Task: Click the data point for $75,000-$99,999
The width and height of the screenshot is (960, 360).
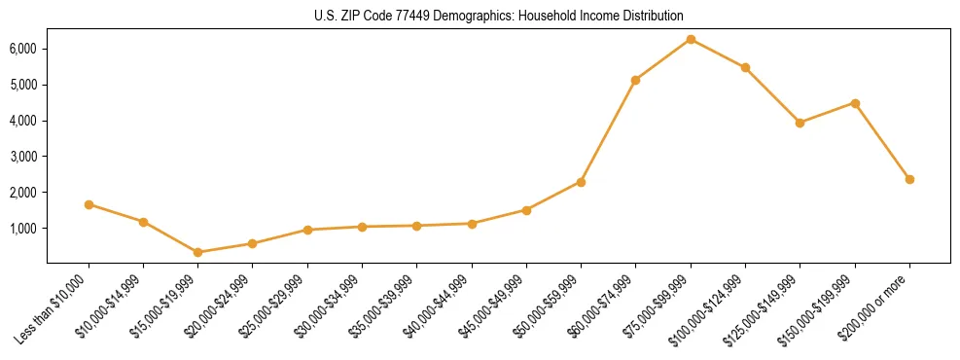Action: [691, 39]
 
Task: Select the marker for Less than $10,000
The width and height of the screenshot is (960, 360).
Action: [89, 204]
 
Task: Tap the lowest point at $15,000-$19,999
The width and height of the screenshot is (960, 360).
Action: [198, 252]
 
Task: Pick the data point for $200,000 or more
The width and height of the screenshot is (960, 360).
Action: [909, 179]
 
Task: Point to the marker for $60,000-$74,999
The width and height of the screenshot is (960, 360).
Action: [636, 80]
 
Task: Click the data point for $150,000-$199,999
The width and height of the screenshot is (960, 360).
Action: [855, 103]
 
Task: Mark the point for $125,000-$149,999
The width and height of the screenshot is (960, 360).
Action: [800, 123]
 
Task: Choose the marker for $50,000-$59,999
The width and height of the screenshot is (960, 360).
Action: [581, 182]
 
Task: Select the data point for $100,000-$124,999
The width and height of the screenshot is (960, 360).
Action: [745, 67]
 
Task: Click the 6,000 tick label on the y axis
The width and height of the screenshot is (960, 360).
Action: [23, 49]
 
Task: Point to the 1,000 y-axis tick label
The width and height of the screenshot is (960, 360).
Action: [23, 229]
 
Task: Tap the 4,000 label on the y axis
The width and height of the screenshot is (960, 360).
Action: [23, 121]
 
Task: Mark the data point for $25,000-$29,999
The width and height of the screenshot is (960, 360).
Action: [307, 230]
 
